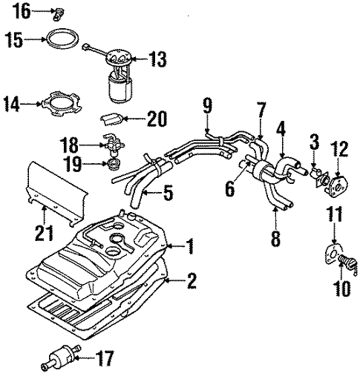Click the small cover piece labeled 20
click(x=111, y=117)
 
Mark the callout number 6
click(x=229, y=189)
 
